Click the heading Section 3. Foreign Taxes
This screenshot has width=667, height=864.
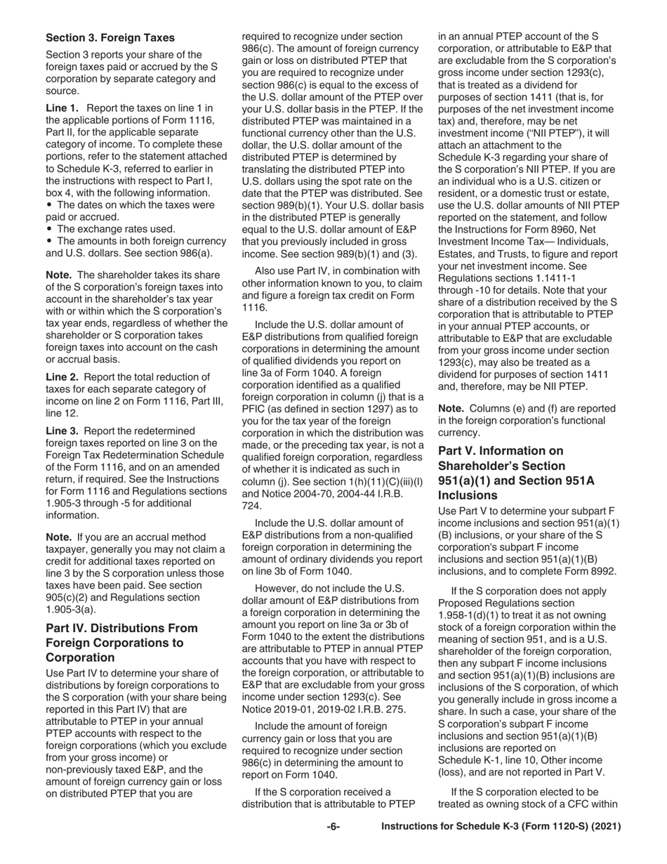coord(110,37)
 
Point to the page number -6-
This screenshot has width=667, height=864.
coord(333,827)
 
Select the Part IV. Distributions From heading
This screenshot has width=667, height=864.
coord(121,628)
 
